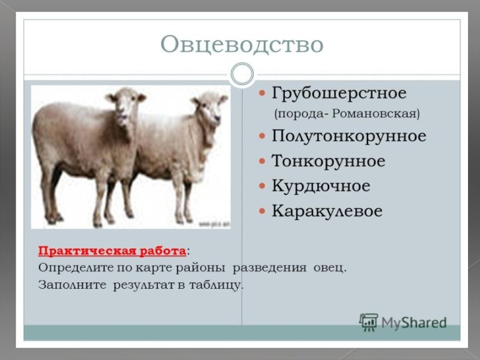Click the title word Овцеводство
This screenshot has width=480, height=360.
pyautogui.click(x=241, y=44)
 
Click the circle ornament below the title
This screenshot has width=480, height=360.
pyautogui.click(x=242, y=75)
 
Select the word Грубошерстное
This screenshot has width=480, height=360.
pyautogui.click(x=339, y=93)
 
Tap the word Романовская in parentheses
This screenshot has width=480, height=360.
pyautogui.click(x=375, y=114)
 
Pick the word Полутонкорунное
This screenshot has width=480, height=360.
pyautogui.click(x=349, y=136)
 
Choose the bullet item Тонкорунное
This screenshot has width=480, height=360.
pyautogui.click(x=328, y=161)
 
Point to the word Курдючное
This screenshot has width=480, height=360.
pyautogui.click(x=320, y=186)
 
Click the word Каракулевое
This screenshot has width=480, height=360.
pyautogui.click(x=327, y=211)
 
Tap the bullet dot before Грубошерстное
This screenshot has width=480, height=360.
pyautogui.click(x=262, y=94)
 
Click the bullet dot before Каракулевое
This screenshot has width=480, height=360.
pyautogui.click(x=262, y=212)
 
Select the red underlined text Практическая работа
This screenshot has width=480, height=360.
pyautogui.click(x=112, y=251)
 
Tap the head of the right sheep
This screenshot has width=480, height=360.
pyautogui.click(x=210, y=106)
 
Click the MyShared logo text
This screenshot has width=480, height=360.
pyautogui.click(x=414, y=323)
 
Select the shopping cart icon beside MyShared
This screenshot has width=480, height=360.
pyautogui.click(x=368, y=321)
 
